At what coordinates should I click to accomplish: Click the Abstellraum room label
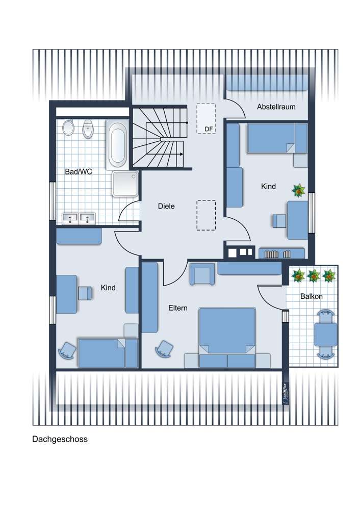[276, 107]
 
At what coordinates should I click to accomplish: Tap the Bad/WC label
[79, 171]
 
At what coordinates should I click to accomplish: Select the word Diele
[166, 206]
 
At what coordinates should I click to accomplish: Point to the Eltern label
[177, 308]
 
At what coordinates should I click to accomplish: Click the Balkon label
[311, 296]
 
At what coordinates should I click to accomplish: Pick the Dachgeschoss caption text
[60, 439]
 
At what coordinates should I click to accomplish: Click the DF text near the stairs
[209, 129]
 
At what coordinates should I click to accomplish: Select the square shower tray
[125, 184]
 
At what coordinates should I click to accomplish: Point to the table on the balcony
[325, 335]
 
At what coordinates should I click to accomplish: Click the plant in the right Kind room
[298, 191]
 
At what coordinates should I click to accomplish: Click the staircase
[160, 137]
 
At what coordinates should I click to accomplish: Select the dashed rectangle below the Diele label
[206, 215]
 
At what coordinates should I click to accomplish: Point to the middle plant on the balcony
[314, 275]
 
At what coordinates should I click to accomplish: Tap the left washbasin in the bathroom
[70, 218]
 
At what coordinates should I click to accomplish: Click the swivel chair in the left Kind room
[67, 350]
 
